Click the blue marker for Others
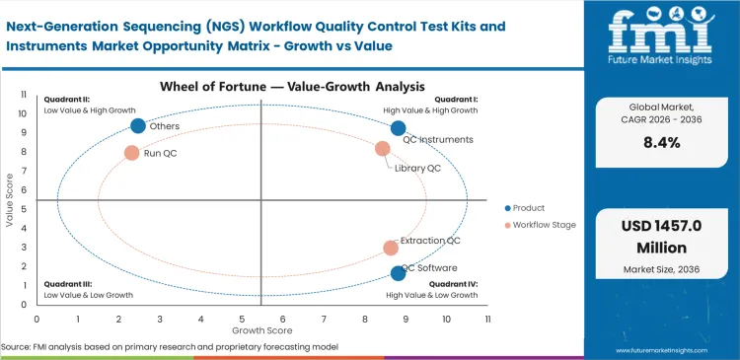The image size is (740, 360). coord(138,125)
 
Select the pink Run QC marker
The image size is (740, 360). coord(131,153)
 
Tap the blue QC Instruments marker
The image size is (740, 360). coord(398,128)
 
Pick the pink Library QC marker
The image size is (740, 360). coord(383,149)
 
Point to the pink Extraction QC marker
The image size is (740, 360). coord(391,249)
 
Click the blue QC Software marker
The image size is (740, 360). coord(398,273)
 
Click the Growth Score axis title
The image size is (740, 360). coord(261,330)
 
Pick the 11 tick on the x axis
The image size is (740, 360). coord(487,320)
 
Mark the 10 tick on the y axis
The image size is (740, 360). coord(24,114)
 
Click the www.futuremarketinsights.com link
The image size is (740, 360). coord(668,349)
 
